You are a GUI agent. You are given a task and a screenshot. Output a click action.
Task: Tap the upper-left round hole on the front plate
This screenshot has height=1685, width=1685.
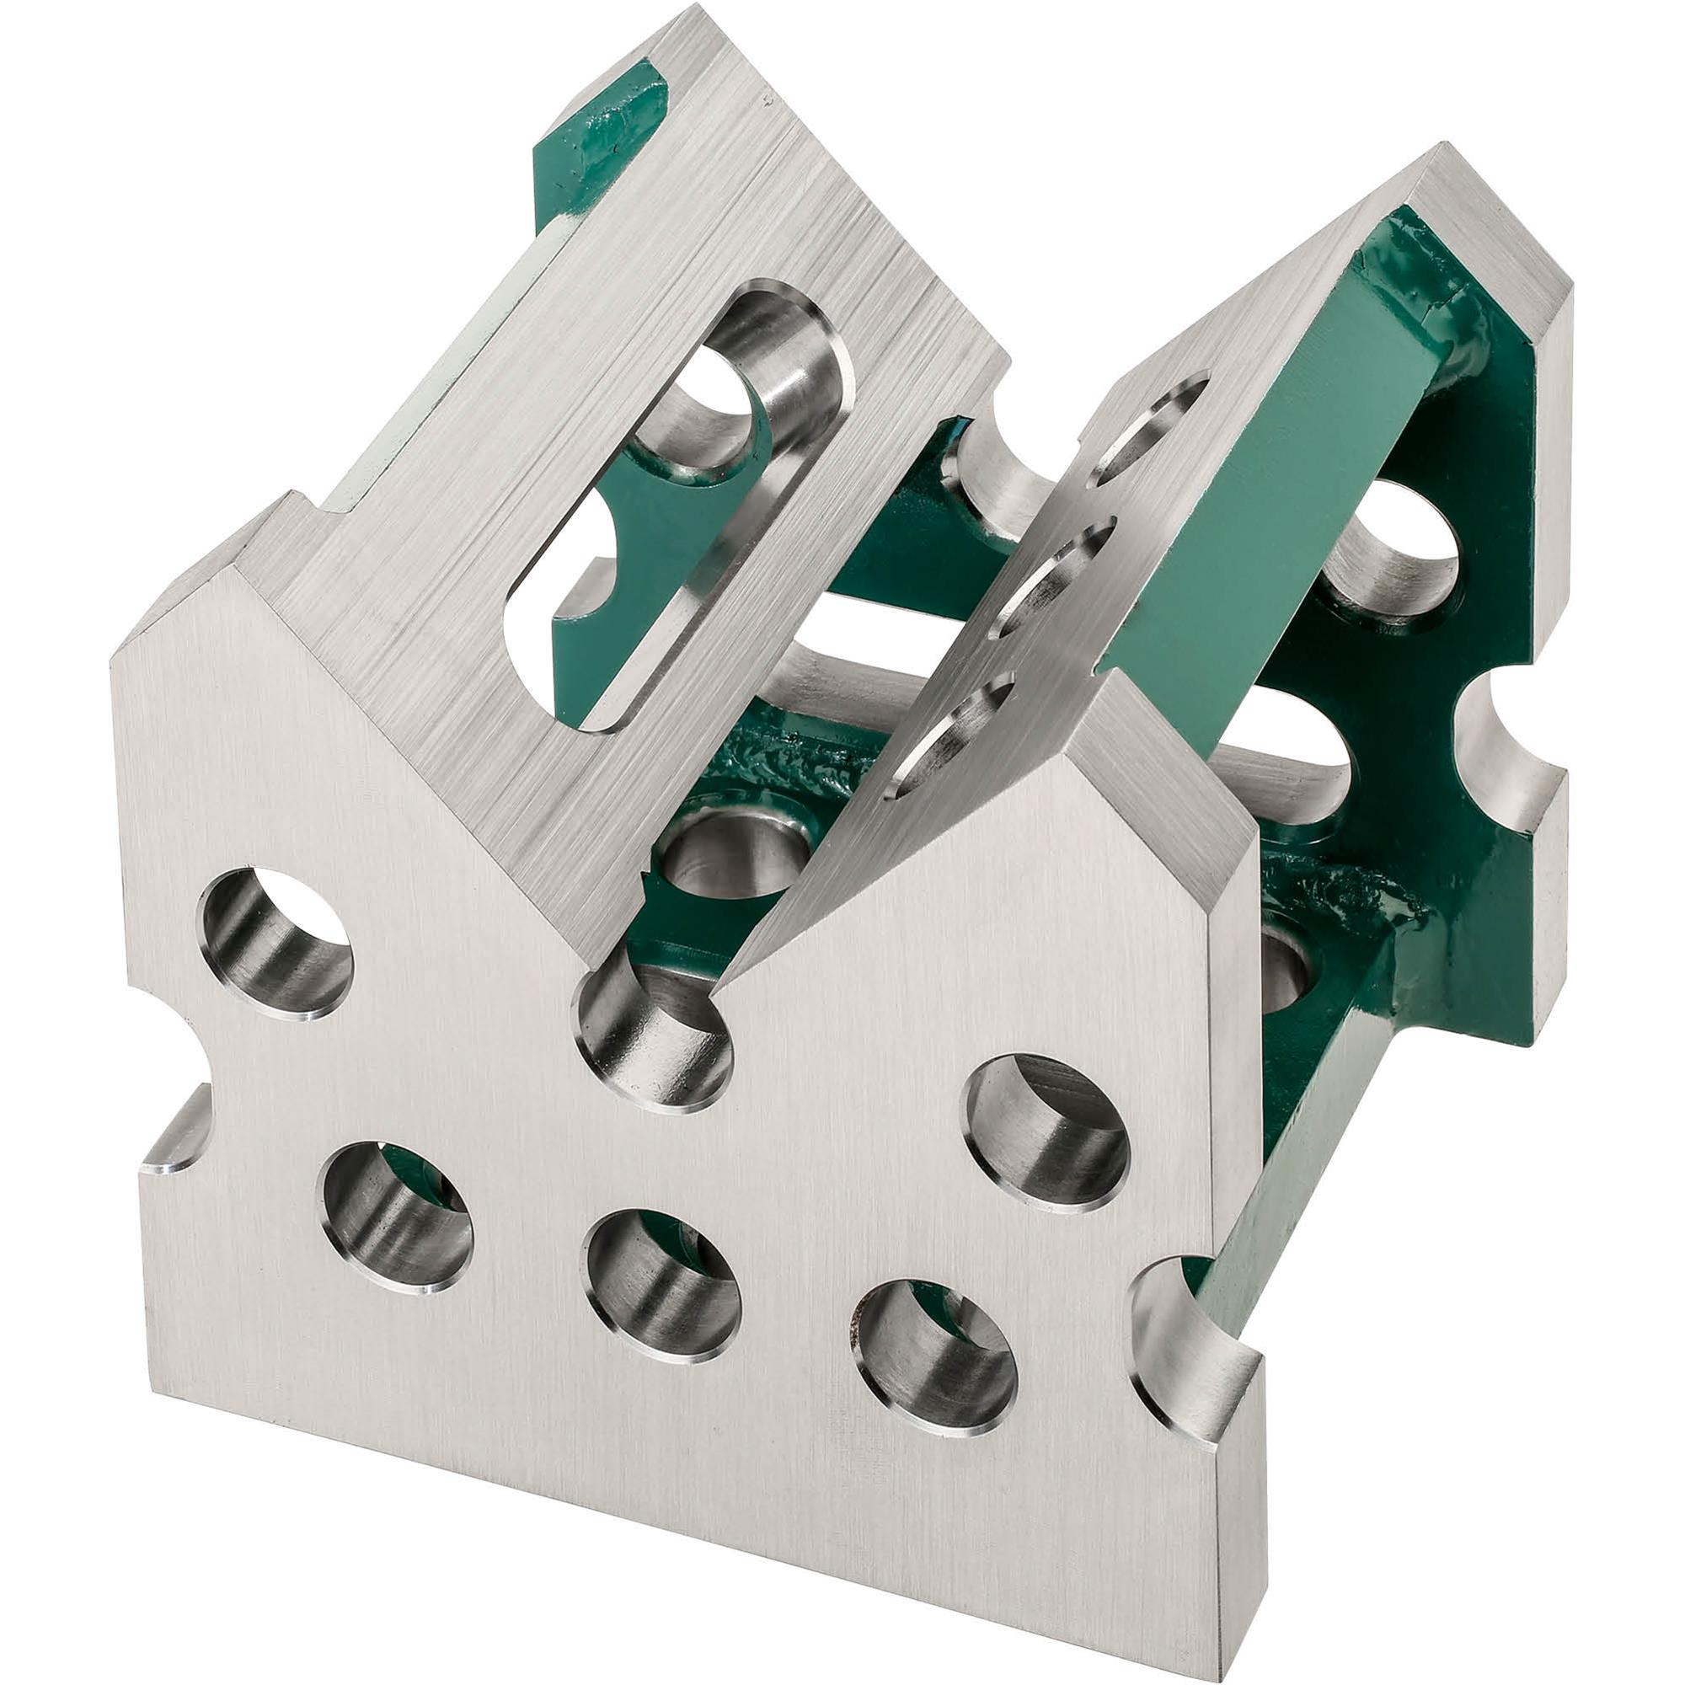(275, 943)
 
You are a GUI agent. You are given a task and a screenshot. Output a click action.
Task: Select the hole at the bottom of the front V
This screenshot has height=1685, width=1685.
(652, 1035)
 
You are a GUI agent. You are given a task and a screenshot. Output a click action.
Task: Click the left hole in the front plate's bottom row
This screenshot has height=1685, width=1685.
(397, 1217)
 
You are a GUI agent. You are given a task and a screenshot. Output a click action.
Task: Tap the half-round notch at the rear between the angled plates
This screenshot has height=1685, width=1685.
(1003, 471)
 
